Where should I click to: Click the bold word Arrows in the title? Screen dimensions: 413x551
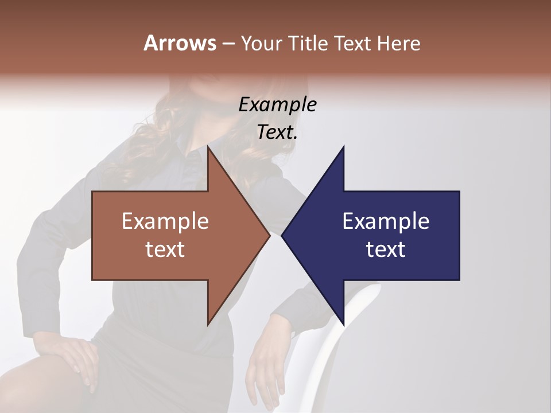point(180,43)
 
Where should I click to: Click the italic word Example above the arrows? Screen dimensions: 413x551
point(277,104)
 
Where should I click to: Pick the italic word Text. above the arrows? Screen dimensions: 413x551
point(277,132)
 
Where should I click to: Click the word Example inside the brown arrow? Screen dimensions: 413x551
point(165,221)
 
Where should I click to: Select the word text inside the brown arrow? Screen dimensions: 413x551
point(165,249)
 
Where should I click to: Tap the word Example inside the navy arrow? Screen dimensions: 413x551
point(386,221)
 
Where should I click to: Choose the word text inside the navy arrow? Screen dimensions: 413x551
point(386,249)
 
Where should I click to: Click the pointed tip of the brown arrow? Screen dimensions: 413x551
point(269,235)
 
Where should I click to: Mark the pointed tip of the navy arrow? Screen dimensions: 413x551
point(283,235)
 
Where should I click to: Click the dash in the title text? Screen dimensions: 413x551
point(228,44)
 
